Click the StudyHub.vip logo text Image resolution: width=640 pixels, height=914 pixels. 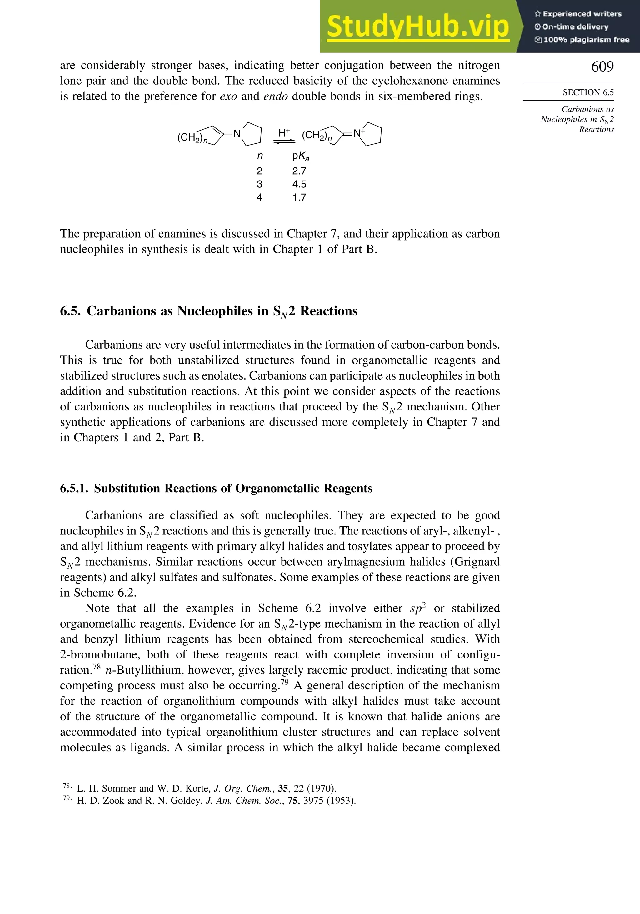(x=418, y=27)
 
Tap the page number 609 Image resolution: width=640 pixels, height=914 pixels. (x=602, y=67)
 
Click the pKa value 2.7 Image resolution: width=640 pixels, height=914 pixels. (x=299, y=171)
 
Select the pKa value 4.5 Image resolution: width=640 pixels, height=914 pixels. (x=299, y=184)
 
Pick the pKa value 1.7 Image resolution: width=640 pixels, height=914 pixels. (x=299, y=197)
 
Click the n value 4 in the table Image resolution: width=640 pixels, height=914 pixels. (x=260, y=197)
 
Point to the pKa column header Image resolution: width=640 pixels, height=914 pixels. (x=300, y=156)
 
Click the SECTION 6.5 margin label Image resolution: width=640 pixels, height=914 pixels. (x=588, y=92)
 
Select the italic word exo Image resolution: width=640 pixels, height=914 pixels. (x=228, y=96)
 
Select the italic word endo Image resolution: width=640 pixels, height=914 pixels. (x=276, y=96)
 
